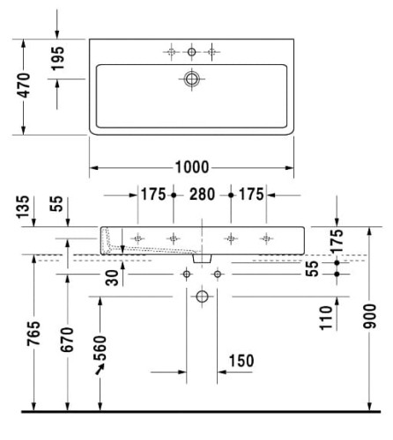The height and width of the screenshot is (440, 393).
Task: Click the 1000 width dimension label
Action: coord(192,167)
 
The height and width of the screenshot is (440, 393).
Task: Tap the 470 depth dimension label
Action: coord(24,85)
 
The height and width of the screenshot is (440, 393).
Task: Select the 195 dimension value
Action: coord(57,58)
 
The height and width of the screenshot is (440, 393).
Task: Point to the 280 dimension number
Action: coord(202,194)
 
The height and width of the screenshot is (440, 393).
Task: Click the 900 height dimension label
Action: coord(369,316)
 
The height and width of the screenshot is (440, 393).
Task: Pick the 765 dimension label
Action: coord(33,334)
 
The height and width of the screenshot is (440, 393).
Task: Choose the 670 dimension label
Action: coord(67,340)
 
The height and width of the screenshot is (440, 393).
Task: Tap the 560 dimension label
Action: coord(100,348)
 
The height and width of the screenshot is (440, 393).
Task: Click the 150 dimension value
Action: coord(241,361)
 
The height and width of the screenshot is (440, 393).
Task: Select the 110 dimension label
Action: coord(326,318)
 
